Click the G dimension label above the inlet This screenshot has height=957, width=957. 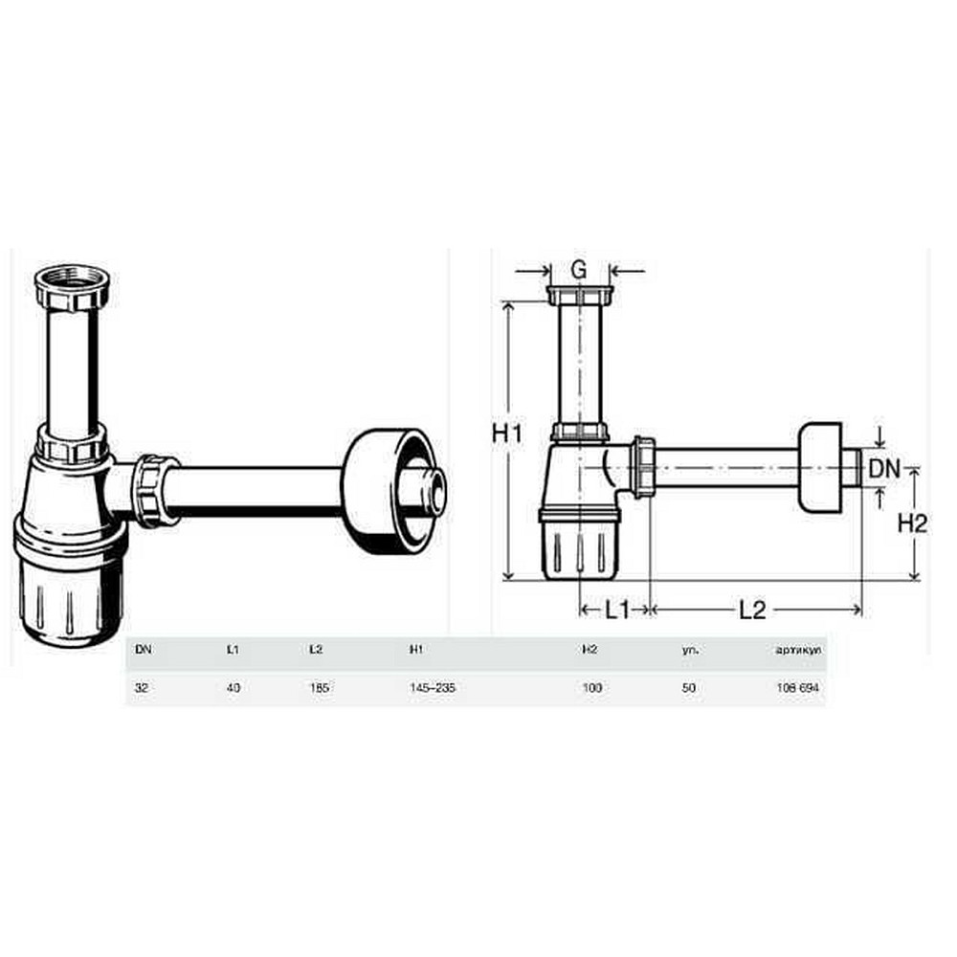coord(579,271)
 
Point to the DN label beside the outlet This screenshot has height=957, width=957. coord(883,468)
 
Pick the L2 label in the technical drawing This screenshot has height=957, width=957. coord(753,610)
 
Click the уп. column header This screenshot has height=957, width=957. coord(690,649)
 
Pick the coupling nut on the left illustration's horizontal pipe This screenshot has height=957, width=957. coord(153,490)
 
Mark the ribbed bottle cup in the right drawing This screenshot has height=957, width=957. coord(580,547)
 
